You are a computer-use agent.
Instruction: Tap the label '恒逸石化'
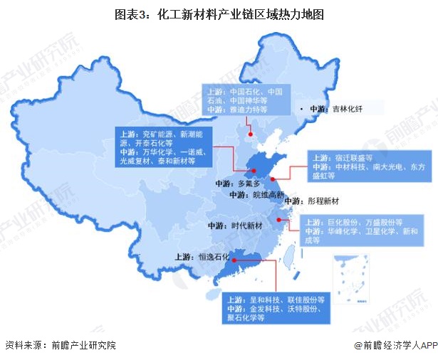[210, 256]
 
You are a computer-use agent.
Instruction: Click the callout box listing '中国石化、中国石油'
[246, 101]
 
